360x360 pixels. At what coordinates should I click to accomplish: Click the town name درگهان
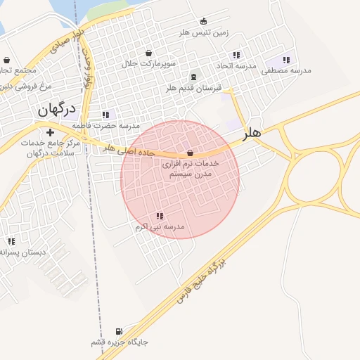pos(56,109)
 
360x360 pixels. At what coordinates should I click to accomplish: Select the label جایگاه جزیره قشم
pos(120,342)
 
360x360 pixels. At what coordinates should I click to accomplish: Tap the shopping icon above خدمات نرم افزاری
pos(190,153)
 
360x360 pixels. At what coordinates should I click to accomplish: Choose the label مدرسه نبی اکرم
pos(160,227)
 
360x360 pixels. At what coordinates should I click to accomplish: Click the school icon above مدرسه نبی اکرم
pos(160,216)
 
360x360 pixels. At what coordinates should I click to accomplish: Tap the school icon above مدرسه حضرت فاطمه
pos(105,115)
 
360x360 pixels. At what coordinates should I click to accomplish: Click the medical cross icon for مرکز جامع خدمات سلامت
pos(50,132)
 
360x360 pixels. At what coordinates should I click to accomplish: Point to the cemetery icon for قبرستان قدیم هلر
pos(193,77)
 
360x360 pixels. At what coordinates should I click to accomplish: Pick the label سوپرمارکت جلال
pos(149,63)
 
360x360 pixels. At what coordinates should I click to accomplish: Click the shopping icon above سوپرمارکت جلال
pos(148,53)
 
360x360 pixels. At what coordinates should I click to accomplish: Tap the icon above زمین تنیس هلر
pos(204,21)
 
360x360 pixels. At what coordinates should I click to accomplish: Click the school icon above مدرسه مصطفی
pos(285,60)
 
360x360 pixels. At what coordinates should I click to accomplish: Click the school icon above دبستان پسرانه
pos(11,241)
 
